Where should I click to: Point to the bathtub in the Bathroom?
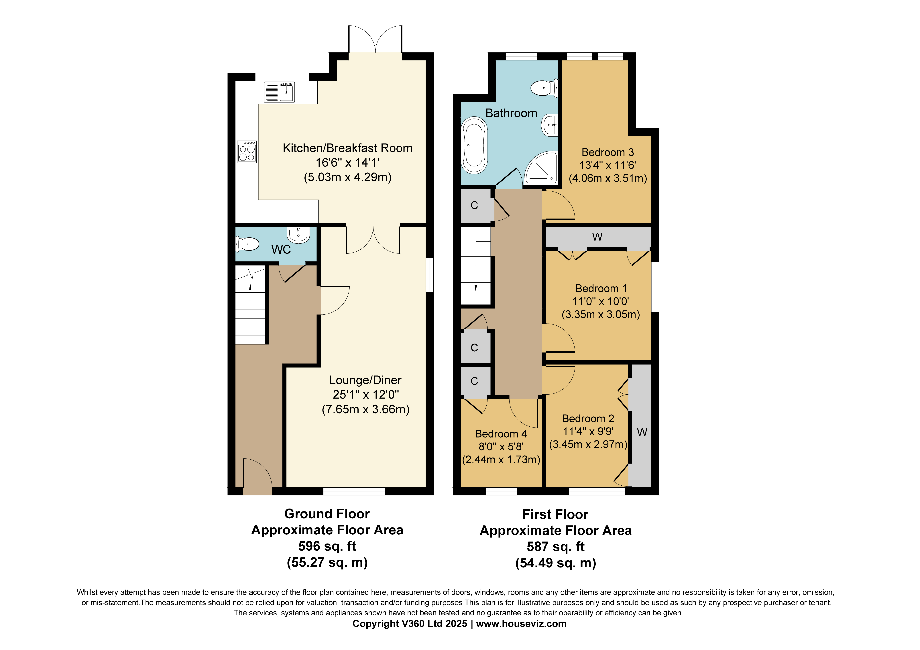(474, 145)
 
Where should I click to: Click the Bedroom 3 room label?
(608, 152)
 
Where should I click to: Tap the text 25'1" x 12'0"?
(365, 395)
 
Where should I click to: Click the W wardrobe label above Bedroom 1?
(597, 237)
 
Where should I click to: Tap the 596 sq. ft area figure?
(327, 546)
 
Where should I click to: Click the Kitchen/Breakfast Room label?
(347, 148)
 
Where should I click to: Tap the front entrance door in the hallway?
(257, 477)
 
